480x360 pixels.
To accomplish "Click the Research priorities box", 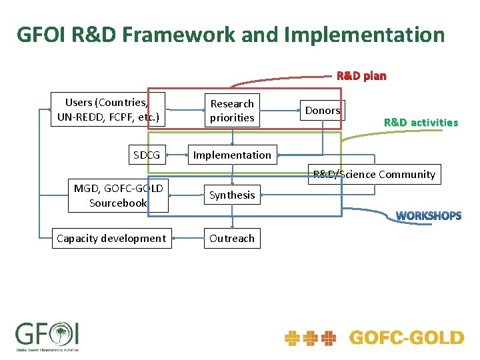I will [x=232, y=111].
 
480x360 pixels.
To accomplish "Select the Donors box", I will [x=323, y=111].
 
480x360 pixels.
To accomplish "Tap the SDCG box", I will [x=146, y=155].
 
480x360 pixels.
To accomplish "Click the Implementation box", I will [x=232, y=155].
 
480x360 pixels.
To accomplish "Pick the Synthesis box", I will [x=232, y=195].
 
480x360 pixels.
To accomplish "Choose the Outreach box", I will [x=232, y=239].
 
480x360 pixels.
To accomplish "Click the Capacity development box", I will [x=111, y=239].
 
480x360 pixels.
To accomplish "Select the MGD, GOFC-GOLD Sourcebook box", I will [x=118, y=195].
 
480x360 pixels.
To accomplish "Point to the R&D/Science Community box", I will [x=374, y=175].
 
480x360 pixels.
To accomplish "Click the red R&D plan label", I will [x=361, y=75].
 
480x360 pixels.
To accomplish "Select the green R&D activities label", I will [x=421, y=123].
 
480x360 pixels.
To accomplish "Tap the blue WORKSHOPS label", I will [x=428, y=216].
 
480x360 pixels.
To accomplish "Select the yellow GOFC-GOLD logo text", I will [x=406, y=338].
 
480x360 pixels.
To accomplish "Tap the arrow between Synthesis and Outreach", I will [x=233, y=217].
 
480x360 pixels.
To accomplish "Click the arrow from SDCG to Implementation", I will [x=176, y=155].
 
